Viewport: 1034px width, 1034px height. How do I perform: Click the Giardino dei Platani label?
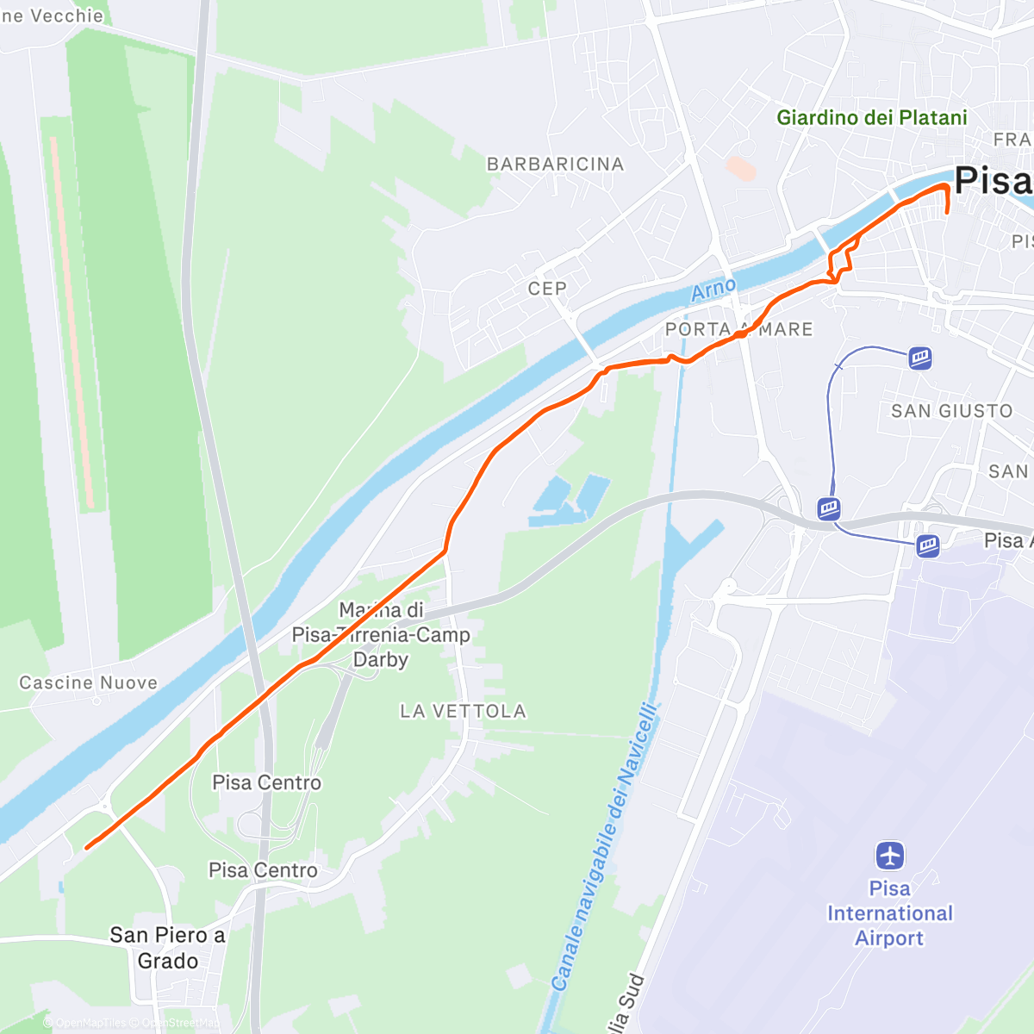tap(871, 118)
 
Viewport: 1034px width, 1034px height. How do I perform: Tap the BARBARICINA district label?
tap(555, 164)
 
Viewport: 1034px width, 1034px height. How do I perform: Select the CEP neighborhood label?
tap(547, 289)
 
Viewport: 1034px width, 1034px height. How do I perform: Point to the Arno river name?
tap(713, 290)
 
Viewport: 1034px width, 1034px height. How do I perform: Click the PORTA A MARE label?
tap(738, 329)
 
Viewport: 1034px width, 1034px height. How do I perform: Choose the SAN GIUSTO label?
tap(951, 411)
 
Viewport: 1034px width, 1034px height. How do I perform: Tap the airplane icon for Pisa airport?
tap(889, 856)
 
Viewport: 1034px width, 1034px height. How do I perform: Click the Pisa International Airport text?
tap(889, 913)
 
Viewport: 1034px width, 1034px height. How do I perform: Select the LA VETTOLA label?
tap(463, 711)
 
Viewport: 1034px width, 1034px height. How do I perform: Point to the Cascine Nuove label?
tap(89, 682)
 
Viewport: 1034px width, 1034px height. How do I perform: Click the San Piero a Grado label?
tap(167, 948)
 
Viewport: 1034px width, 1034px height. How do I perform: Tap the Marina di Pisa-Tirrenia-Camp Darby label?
tap(381, 635)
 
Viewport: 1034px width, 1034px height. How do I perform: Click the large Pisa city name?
tap(993, 181)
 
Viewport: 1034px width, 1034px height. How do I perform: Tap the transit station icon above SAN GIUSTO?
tap(920, 358)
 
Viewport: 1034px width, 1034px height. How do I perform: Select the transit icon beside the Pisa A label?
tap(927, 545)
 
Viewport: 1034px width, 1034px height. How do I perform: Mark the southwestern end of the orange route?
tap(87, 847)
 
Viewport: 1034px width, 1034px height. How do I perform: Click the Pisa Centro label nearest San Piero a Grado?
tap(263, 870)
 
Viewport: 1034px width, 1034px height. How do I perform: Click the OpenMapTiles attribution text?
tap(90, 1023)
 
